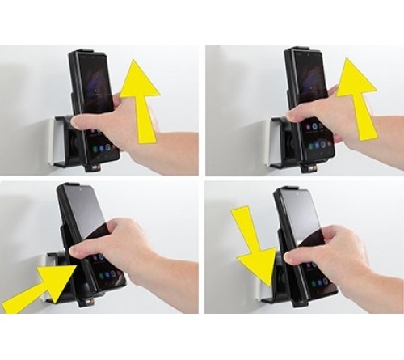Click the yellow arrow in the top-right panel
tap(355, 94)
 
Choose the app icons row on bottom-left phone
tap(107, 275)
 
